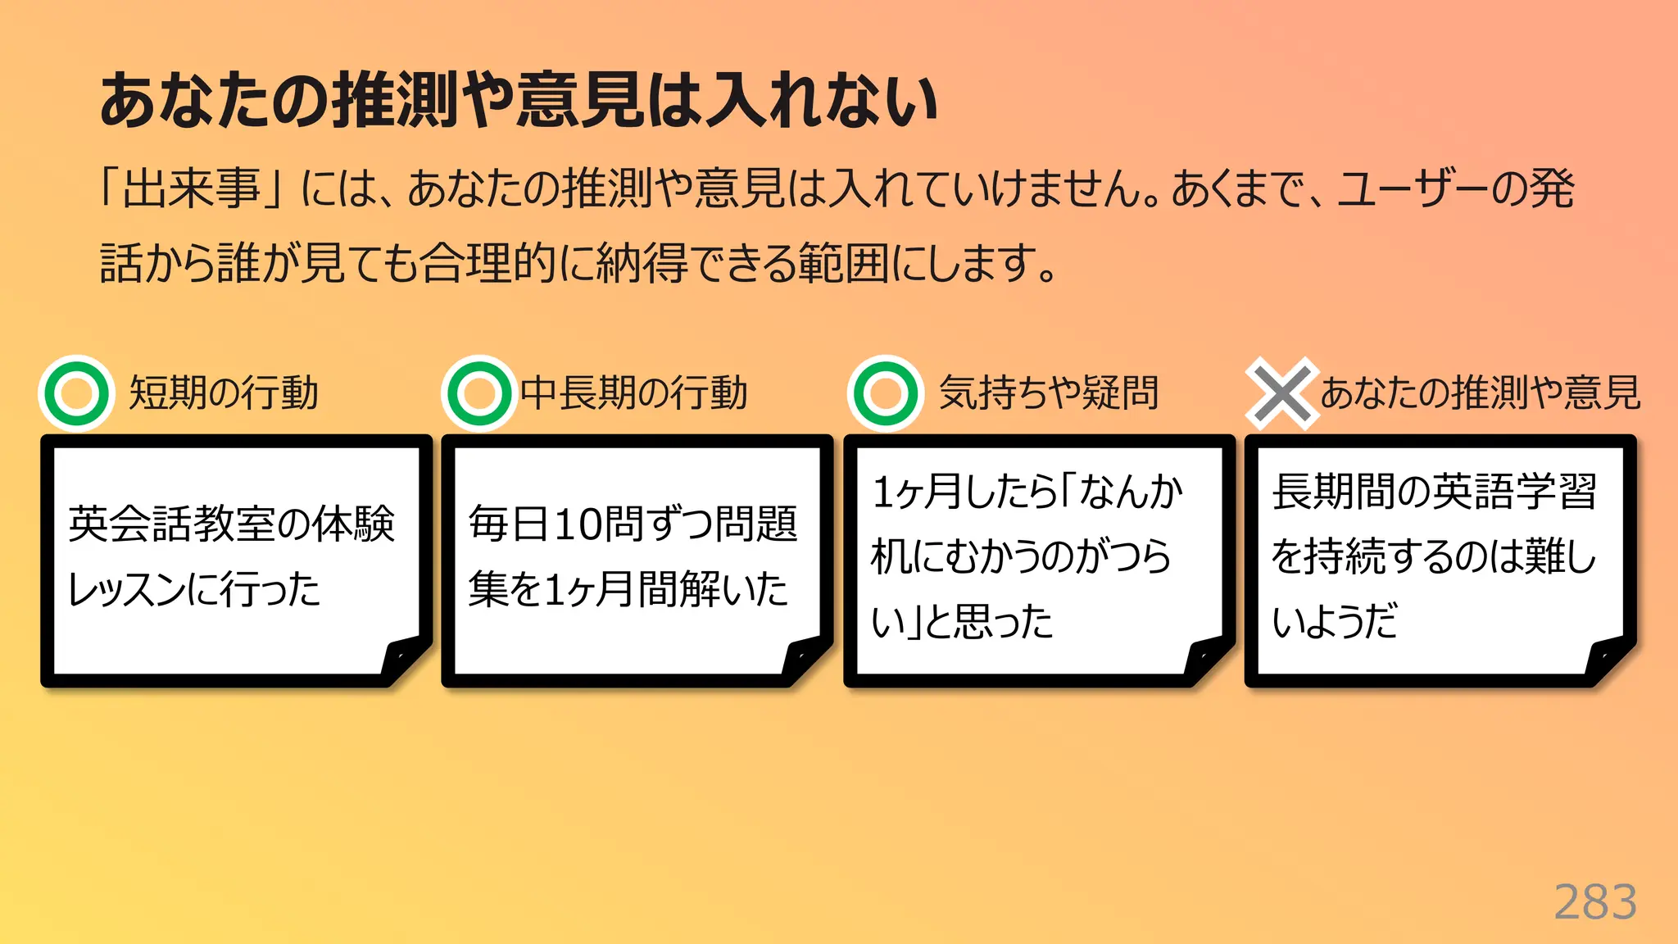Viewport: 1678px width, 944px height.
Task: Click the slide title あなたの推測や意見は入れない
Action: (518, 100)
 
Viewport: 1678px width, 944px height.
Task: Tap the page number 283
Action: (1594, 902)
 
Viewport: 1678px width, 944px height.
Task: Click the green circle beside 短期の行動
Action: (76, 393)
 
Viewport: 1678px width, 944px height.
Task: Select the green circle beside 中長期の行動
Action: (479, 393)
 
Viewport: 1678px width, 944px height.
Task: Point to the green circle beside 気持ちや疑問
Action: (885, 393)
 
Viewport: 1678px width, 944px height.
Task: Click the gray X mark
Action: (1281, 394)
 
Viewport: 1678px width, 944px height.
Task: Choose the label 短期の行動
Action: (224, 393)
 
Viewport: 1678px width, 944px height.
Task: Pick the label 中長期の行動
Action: (634, 393)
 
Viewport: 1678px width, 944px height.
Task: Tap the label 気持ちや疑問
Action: (1049, 393)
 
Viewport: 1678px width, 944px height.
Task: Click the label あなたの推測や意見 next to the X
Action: (1480, 393)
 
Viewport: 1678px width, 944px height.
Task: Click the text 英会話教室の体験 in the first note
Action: (231, 524)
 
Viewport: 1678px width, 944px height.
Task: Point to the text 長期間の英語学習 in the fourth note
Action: (1434, 492)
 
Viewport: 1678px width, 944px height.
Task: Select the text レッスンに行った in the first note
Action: (194, 589)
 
